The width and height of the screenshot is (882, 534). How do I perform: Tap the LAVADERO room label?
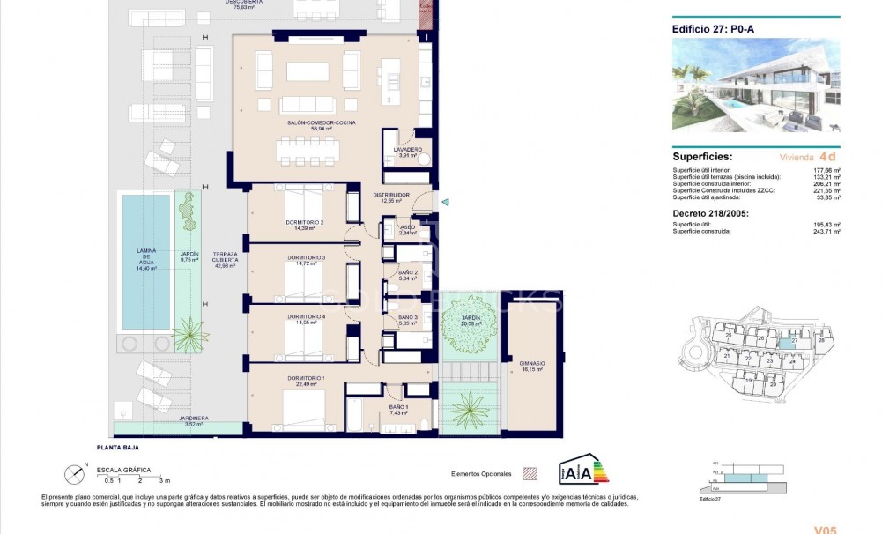pyautogui.click(x=406, y=150)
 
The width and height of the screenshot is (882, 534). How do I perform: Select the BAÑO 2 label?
pyautogui.click(x=406, y=274)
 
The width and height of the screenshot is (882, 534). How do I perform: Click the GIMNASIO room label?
pyautogui.click(x=531, y=365)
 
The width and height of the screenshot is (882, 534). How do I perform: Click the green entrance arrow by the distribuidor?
pyautogui.click(x=446, y=204)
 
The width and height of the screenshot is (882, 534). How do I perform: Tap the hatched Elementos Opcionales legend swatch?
pyautogui.click(x=530, y=472)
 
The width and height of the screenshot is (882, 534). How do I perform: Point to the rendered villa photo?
pyautogui.click(x=756, y=85)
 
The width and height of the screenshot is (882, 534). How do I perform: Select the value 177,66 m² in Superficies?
pyautogui.click(x=826, y=169)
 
